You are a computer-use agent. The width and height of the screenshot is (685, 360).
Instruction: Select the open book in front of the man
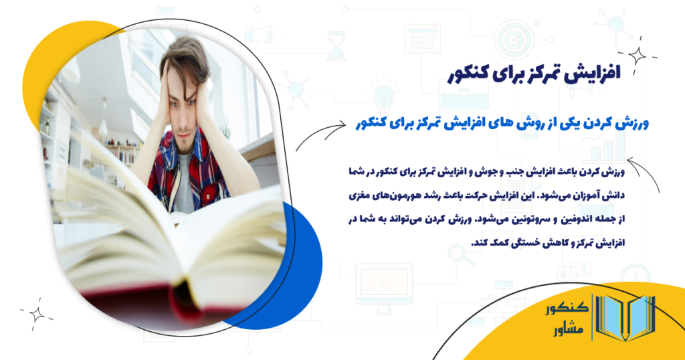coord(167,248)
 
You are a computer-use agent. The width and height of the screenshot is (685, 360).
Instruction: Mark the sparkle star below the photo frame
coord(35,314)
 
